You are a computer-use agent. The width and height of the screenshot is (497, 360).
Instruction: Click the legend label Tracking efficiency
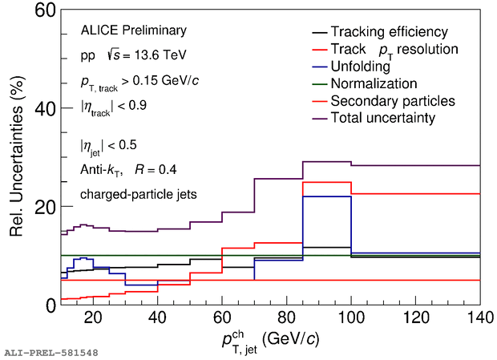pyautogui.click(x=389, y=32)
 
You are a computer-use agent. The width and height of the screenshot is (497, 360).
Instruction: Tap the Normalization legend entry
pyautogui.click(x=374, y=83)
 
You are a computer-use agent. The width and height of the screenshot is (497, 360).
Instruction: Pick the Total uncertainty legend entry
pyautogui.click(x=382, y=118)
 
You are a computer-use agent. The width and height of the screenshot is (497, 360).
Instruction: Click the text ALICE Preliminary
pyautogui.click(x=133, y=30)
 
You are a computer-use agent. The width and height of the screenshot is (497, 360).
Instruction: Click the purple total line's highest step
pyautogui.click(x=326, y=161)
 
